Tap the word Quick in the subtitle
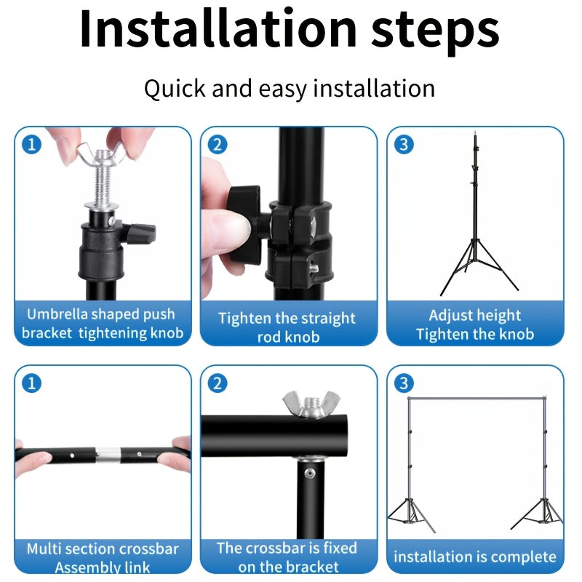pyautogui.click(x=175, y=89)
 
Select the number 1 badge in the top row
pyautogui.click(x=31, y=144)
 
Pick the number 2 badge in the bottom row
pyautogui.click(x=218, y=383)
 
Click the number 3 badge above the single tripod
pyautogui.click(x=404, y=144)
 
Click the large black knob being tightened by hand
pyautogui.click(x=244, y=223)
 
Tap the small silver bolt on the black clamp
pyautogui.click(x=314, y=268)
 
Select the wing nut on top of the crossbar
pyautogui.click(x=311, y=404)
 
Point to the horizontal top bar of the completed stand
pyautogui.click(x=477, y=399)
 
